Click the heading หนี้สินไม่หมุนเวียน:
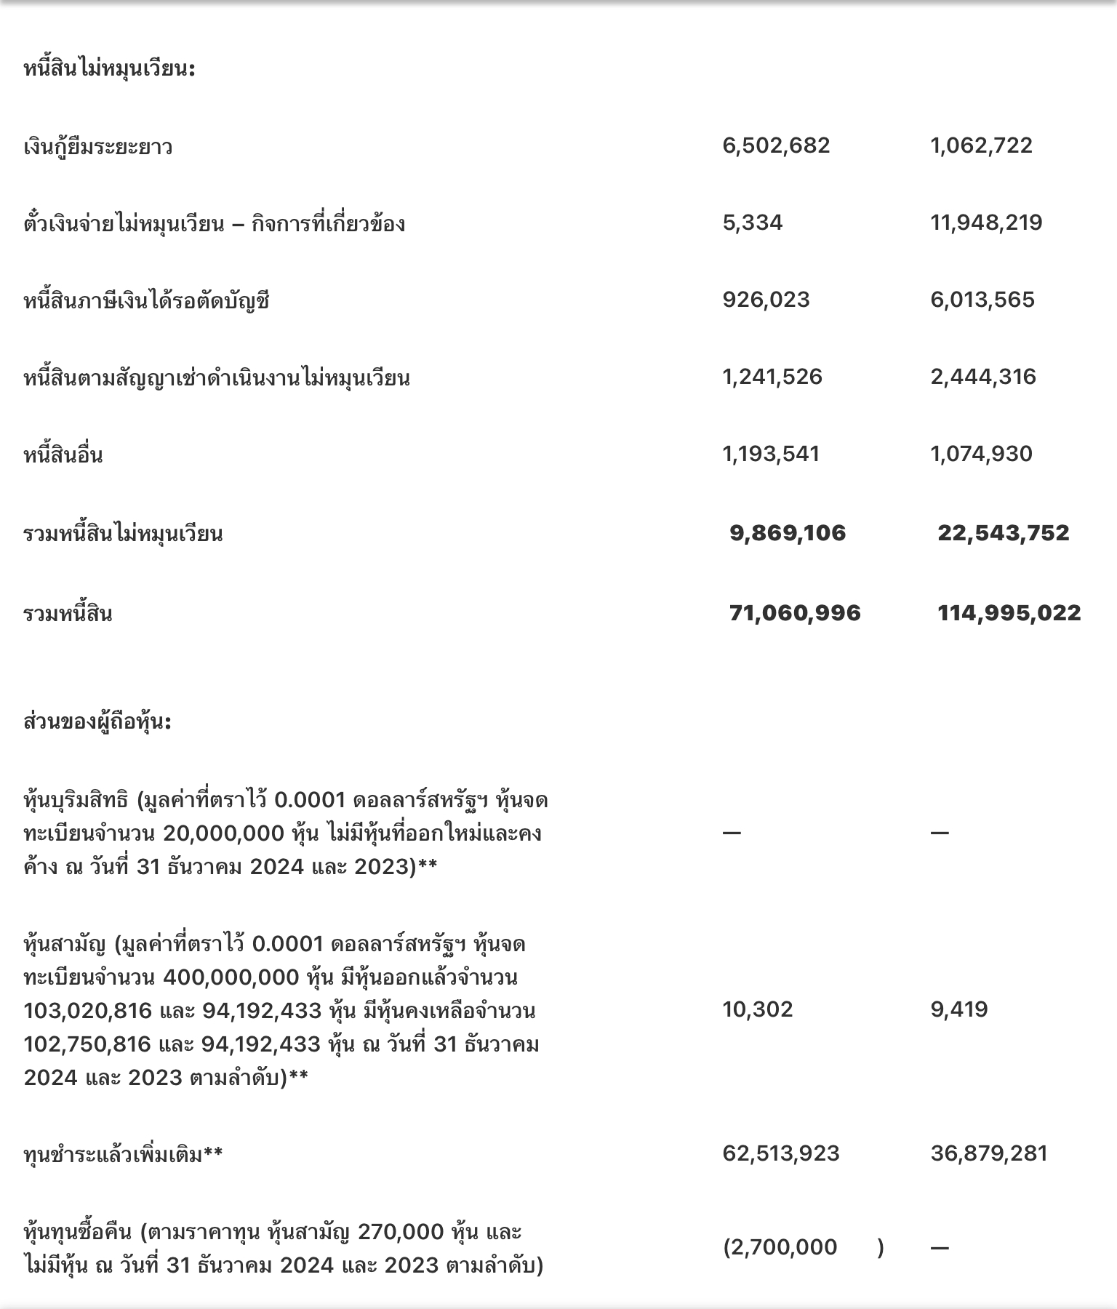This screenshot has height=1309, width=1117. click(x=109, y=70)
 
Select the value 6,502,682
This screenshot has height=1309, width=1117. click(x=776, y=145)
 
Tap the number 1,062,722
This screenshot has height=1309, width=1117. click(x=981, y=145)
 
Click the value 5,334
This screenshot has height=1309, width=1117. click(x=753, y=223)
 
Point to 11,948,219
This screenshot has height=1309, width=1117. click(x=986, y=223)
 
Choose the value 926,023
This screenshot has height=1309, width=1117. click(x=766, y=300)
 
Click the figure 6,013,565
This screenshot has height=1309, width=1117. click(x=982, y=300)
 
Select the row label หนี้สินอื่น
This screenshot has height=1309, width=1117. click(x=63, y=455)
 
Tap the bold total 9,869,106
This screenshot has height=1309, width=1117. click(x=788, y=533)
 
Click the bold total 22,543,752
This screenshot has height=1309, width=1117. click(x=1004, y=533)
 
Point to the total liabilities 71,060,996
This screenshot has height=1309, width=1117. click(x=795, y=613)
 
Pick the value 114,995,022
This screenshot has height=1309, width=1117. click(x=1009, y=613)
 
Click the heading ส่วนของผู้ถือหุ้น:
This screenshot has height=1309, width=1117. click(x=97, y=722)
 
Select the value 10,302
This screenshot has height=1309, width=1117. click(x=758, y=1009)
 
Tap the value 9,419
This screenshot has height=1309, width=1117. click(x=959, y=1009)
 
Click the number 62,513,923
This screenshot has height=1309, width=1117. click(x=781, y=1153)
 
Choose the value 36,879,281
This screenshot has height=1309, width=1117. click(x=989, y=1153)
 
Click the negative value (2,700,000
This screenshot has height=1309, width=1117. click(x=780, y=1248)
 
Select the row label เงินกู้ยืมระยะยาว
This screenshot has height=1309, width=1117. click(x=98, y=147)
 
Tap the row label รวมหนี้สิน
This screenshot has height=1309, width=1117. click(x=68, y=615)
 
